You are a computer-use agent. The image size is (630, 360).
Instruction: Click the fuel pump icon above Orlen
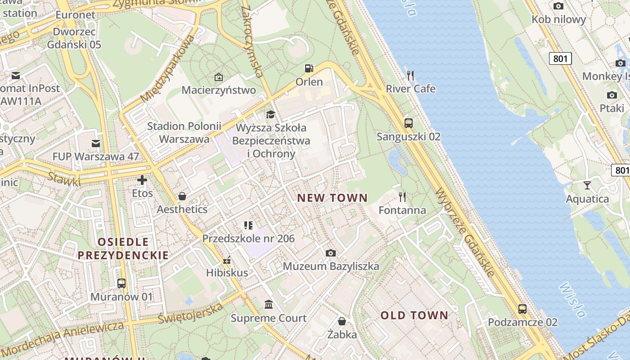tap(309, 68)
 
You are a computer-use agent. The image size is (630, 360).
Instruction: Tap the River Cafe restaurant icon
tap(410, 75)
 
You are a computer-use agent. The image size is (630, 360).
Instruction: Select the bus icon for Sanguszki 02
tap(409, 123)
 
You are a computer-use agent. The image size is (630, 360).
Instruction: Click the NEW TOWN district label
tap(332, 198)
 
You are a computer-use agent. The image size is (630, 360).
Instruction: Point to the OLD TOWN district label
tap(414, 315)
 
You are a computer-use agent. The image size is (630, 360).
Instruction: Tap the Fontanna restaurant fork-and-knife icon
tap(402, 197)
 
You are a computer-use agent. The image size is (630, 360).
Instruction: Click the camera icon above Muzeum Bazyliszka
tap(331, 253)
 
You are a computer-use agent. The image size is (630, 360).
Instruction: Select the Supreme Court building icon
tap(269, 305)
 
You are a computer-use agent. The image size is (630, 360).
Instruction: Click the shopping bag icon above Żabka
tap(342, 321)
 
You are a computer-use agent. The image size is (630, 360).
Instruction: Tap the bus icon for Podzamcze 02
tap(522, 309)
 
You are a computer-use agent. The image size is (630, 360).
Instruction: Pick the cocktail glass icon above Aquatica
tap(587, 185)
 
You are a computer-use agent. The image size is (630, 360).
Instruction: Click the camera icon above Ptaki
tap(612, 95)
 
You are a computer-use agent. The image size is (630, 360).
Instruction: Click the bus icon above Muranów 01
tap(121, 283)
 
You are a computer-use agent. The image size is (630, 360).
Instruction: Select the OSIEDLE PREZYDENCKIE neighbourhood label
tap(123, 249)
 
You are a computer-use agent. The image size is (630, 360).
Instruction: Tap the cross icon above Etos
tap(142, 180)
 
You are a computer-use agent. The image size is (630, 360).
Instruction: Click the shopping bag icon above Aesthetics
tap(182, 196)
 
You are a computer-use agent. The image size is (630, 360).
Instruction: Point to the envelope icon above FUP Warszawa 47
tap(96, 144)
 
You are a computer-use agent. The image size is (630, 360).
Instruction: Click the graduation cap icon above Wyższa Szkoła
tap(270, 114)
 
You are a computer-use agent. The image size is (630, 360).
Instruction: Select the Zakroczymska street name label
tap(252, 41)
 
